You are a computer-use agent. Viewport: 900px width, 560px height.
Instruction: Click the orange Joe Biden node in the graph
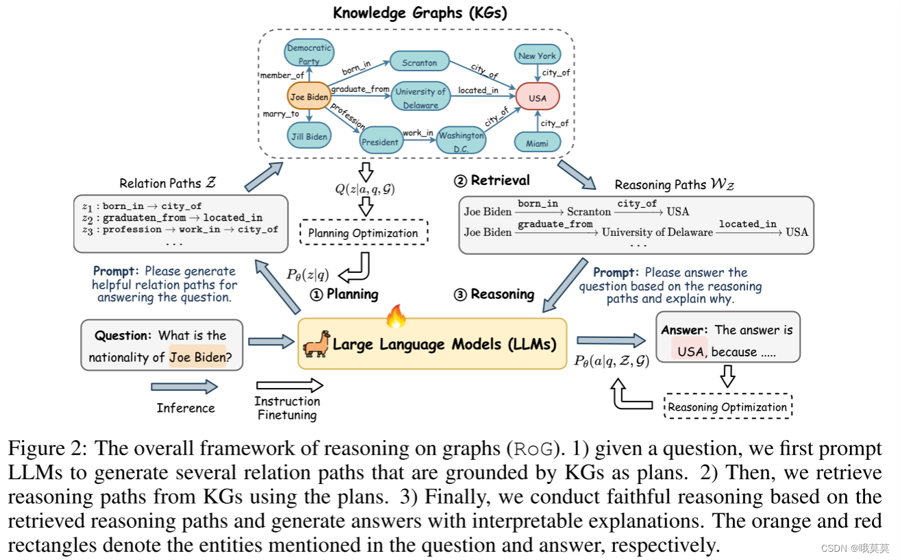pos(309,97)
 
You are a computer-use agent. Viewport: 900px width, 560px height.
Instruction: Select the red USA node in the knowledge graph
pos(538,97)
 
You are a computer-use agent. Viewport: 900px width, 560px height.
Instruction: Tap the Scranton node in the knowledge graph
pos(419,62)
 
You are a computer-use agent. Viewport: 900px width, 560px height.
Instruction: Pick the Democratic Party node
pos(309,54)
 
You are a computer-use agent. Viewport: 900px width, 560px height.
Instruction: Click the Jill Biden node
pos(308,136)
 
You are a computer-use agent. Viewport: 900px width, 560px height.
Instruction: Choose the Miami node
pos(538,142)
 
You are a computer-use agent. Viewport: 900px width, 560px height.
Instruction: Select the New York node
pos(537,56)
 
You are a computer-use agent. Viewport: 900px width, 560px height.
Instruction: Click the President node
pos(380,142)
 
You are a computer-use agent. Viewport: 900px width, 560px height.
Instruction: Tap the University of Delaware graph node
pos(421,98)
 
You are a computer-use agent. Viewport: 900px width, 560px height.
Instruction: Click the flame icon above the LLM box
pos(396,316)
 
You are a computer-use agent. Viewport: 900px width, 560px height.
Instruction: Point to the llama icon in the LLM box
pos(316,344)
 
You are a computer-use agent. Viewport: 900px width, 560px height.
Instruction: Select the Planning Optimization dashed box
pos(363,233)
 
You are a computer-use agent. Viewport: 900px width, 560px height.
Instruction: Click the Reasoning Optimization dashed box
pos(727,406)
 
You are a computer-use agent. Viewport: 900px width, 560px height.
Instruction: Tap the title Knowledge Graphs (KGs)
pos(420,12)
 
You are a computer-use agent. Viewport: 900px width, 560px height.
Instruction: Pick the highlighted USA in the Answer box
pos(690,352)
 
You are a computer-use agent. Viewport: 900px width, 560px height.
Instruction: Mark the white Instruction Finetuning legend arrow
pos(288,386)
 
